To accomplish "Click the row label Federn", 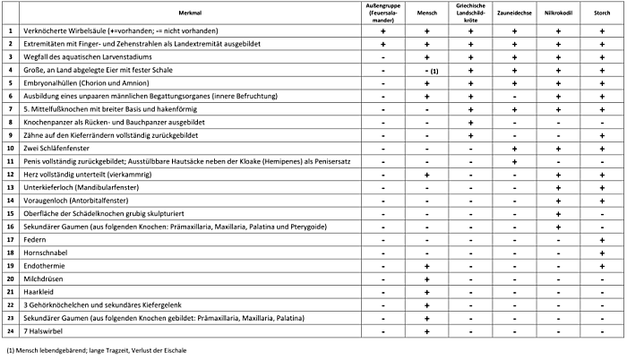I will pos(35,241).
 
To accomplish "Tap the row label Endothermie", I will pos(41,266).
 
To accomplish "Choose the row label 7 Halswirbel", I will pos(39,330).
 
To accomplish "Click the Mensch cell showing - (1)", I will pos(431,69).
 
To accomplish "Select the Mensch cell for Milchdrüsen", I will pos(427,279).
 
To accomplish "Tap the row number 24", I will pos(10,330).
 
